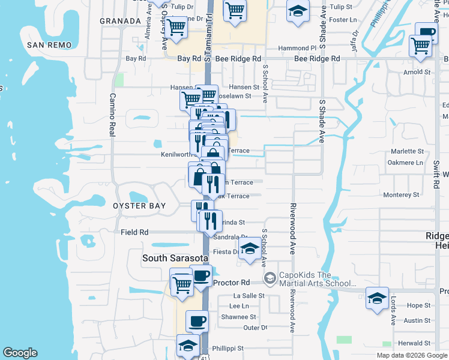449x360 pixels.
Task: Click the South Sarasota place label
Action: coord(175,259)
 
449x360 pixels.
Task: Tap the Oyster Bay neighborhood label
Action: coord(139,206)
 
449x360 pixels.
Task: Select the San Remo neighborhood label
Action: coord(49,45)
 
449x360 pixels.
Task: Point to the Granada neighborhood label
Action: coord(120,20)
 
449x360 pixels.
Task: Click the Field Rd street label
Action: coord(134,232)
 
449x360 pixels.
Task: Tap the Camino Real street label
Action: coord(112,115)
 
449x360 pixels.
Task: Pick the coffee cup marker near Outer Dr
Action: coord(197,322)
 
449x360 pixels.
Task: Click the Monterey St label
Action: coord(401,195)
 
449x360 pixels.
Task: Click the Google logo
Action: coord(20,353)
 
